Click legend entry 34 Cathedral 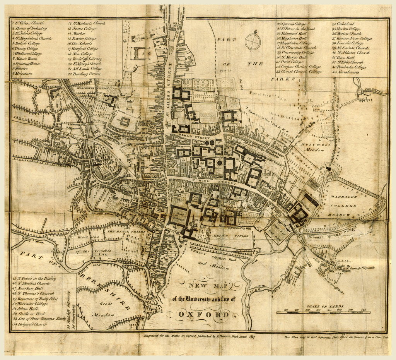pyautogui.click(x=343, y=24)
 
